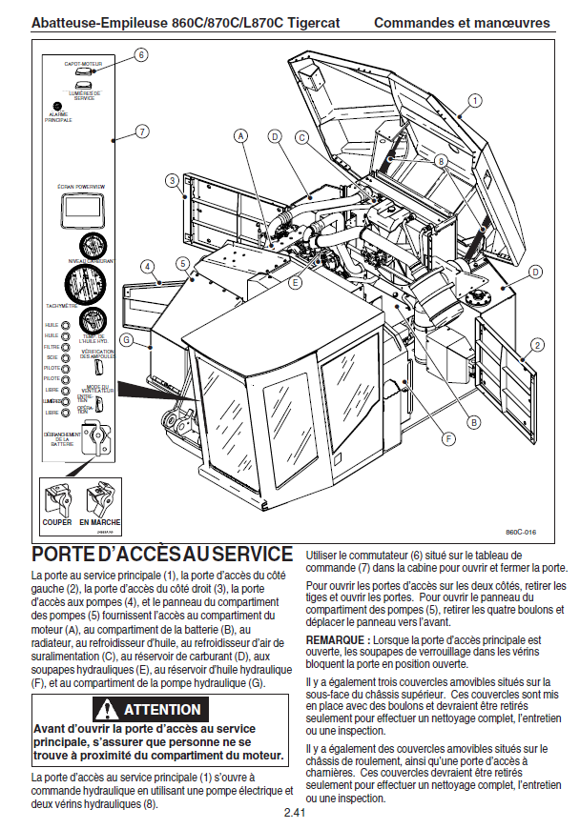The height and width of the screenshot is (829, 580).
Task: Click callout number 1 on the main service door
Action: pos(475,100)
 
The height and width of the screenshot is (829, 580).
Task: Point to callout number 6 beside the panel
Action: pos(141,55)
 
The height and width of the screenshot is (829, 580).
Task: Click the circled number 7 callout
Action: pos(141,131)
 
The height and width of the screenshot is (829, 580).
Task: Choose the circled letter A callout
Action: pos(241,136)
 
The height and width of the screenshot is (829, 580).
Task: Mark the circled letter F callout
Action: pos(448,439)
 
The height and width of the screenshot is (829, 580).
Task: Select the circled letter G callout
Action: pos(127,340)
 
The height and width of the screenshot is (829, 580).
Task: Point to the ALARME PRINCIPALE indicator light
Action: pos(57,106)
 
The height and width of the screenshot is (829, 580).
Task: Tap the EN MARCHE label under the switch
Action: pos(99,522)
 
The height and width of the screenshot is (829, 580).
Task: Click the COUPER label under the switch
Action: pos(57,522)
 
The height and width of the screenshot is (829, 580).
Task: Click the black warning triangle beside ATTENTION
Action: pos(106,709)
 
